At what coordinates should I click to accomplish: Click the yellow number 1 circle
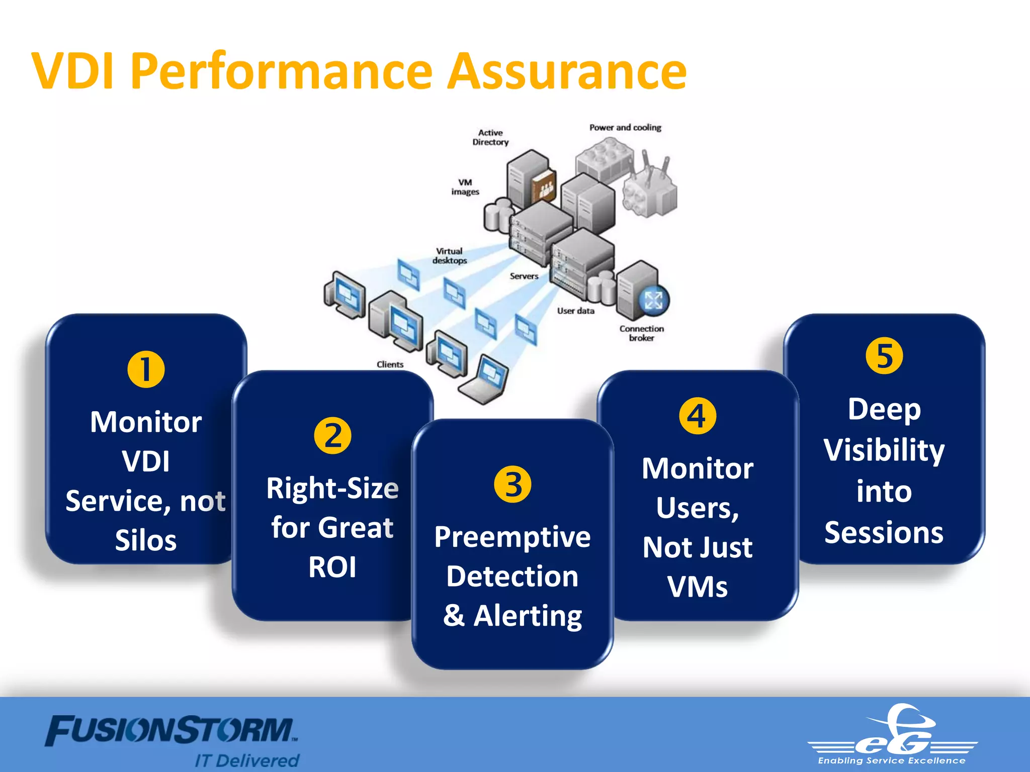point(146,369)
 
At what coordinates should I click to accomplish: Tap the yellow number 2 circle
point(332,436)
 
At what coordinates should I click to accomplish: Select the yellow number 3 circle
point(512,485)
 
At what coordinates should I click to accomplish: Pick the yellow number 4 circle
point(698,416)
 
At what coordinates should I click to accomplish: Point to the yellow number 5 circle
point(884,356)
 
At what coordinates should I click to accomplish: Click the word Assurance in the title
point(567,72)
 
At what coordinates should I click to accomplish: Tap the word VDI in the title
point(73,72)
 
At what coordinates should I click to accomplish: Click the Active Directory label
point(490,137)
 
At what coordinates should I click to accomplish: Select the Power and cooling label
point(625,128)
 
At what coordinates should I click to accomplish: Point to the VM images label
point(465,187)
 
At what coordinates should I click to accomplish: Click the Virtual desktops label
point(450,256)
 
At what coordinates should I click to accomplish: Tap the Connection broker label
point(642,333)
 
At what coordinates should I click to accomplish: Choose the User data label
point(575,311)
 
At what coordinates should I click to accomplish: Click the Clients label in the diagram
point(390,364)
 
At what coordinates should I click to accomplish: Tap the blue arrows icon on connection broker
point(653,301)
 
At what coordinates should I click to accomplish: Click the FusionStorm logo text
point(171,731)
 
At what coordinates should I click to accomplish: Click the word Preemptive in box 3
point(512,537)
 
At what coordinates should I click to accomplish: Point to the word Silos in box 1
point(146,541)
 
